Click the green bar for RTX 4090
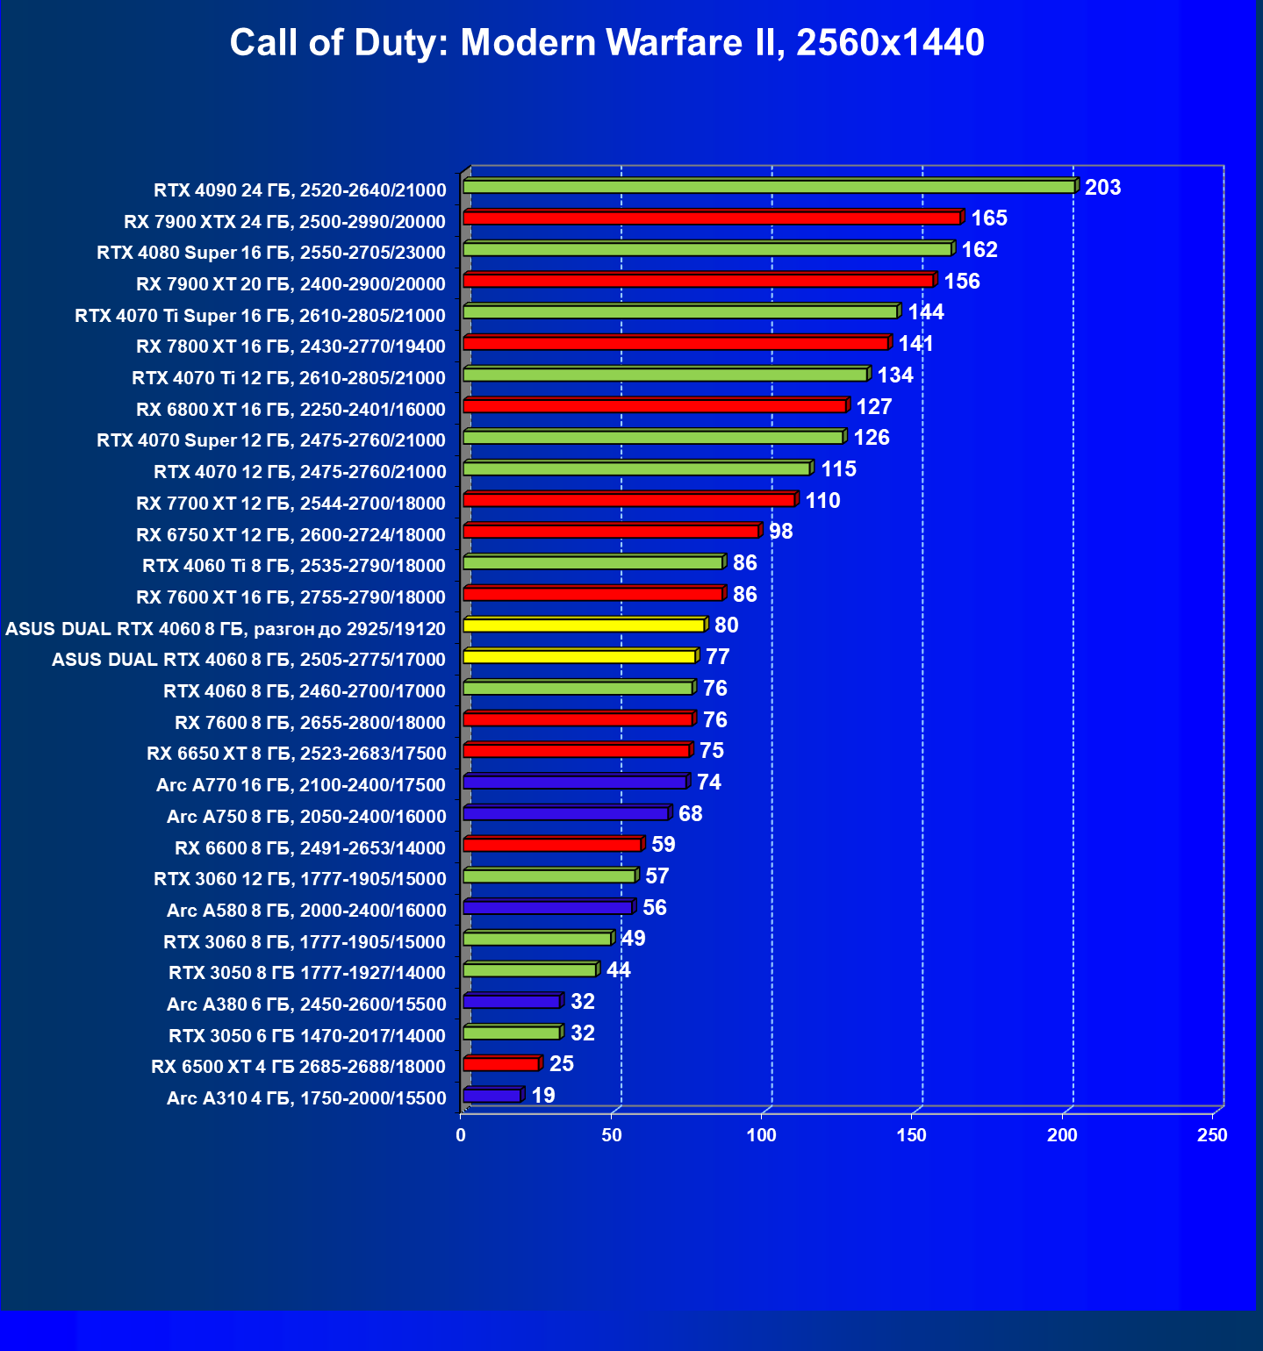tap(768, 187)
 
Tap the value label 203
tap(1102, 188)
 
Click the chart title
tap(606, 42)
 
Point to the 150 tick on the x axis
tap(911, 1135)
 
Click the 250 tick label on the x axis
tap(1212, 1135)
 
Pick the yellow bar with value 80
tap(584, 625)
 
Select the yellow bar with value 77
tap(579, 657)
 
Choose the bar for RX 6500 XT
tap(501, 1064)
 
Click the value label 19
tap(543, 1096)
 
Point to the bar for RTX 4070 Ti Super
tap(680, 312)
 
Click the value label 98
tap(780, 532)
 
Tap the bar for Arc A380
tap(512, 1002)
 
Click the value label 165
tap(988, 218)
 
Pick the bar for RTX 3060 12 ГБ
tap(549, 876)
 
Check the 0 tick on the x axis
tap(461, 1135)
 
